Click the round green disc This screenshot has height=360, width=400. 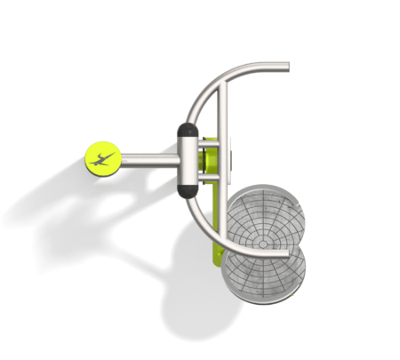click(104, 159)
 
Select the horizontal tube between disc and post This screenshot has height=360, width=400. click(149, 161)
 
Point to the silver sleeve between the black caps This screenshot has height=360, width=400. click(188, 161)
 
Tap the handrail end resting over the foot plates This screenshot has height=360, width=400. click(283, 253)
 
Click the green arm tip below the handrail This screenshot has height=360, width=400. click(215, 259)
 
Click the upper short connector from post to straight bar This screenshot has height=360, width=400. click(207, 140)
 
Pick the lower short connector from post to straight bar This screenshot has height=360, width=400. click(207, 181)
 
